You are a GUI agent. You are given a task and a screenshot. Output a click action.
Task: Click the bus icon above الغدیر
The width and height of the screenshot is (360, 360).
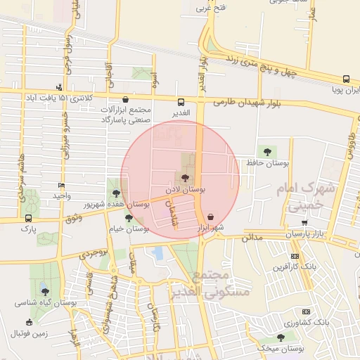coord(181,101)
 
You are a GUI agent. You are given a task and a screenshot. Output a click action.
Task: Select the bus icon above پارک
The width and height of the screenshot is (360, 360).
coord(28,218)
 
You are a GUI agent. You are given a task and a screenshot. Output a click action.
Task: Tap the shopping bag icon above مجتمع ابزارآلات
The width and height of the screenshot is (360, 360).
coord(125,99)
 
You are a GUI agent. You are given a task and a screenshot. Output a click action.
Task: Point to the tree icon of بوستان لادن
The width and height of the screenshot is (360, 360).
coord(184,179)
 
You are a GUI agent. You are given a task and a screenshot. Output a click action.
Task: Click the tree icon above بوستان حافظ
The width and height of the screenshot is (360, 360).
coord(266,151)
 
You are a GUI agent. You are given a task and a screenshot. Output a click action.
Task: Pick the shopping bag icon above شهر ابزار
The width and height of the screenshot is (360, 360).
coord(212,217)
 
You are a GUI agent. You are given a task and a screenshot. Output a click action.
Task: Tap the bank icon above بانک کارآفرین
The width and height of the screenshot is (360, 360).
coord(295,256)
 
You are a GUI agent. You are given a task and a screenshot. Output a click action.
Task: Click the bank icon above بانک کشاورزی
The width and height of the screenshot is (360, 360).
coord(305,311)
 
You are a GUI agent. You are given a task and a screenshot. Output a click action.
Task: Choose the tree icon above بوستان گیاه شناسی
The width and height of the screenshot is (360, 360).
coord(45,291)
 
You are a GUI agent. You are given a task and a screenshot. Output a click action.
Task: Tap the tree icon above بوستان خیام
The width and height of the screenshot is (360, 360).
coord(128,218)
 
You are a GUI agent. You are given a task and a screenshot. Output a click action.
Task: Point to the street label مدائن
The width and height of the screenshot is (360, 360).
coord(251,238)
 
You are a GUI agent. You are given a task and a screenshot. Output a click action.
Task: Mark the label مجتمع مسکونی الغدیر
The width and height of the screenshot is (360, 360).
coord(191,283)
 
